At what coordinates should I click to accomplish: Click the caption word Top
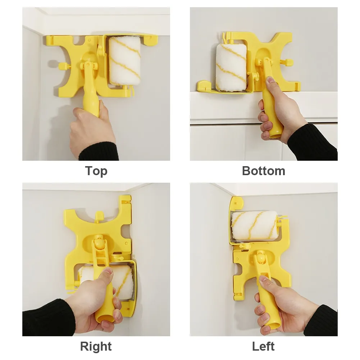(x=96, y=171)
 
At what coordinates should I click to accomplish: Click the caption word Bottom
(x=264, y=171)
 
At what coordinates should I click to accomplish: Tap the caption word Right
(x=96, y=347)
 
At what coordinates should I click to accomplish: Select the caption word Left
(x=263, y=346)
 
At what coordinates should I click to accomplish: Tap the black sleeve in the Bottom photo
(x=313, y=142)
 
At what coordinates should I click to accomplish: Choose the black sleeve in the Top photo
(x=99, y=151)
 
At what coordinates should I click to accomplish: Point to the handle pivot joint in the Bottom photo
(x=265, y=62)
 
